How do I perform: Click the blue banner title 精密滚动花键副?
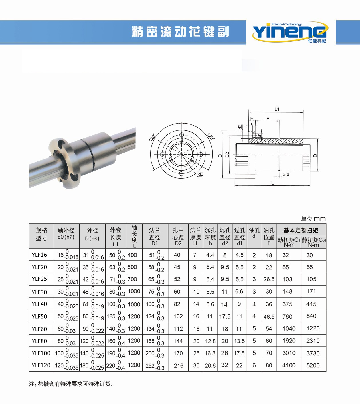pyautogui.click(x=180, y=32)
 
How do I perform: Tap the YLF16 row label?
pyautogui.click(x=39, y=255)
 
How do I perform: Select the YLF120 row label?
pyautogui.click(x=41, y=365)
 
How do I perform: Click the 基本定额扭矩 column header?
pyautogui.click(x=301, y=230)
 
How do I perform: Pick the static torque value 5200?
pyautogui.click(x=313, y=365)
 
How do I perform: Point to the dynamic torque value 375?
pyautogui.click(x=287, y=304)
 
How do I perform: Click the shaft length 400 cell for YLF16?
pyautogui.click(x=132, y=255)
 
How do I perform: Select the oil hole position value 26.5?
pyautogui.click(x=269, y=279)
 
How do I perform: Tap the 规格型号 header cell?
pyautogui.click(x=41, y=234)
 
